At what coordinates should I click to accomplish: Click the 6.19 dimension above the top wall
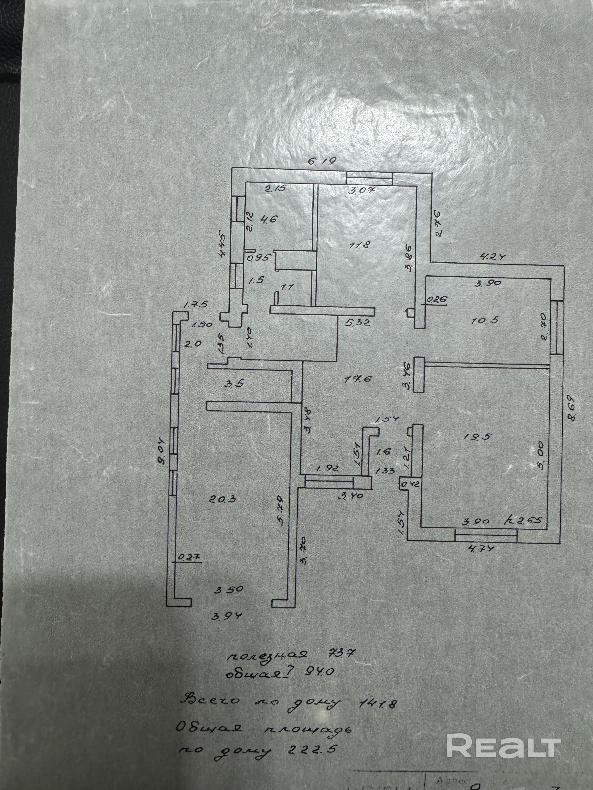coord(322,161)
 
